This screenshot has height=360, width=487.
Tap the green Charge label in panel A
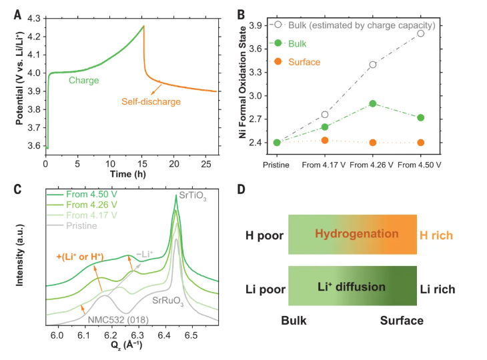pyautogui.click(x=84, y=81)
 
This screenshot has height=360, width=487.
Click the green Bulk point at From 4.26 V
pyautogui.click(x=373, y=103)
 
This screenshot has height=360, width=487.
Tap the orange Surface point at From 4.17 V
pyautogui.click(x=325, y=140)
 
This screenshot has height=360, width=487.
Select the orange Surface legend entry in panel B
pyautogui.click(x=305, y=62)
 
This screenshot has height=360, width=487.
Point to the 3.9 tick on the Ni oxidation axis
pyautogui.click(x=256, y=25)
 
